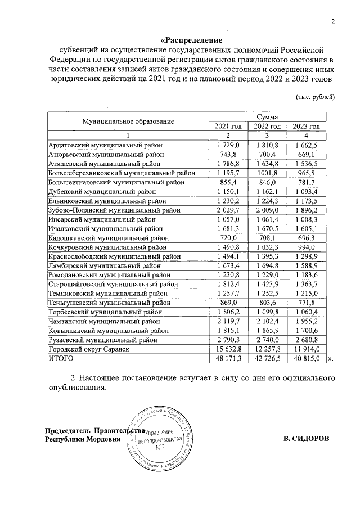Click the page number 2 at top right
coord(332,22)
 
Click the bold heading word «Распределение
coord(192,40)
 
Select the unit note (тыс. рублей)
coord(316,97)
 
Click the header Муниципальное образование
coord(128,121)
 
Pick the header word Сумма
coord(267,115)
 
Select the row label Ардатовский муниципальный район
coord(105,146)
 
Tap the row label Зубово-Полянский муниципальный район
coord(114,210)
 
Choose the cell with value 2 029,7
coord(228,210)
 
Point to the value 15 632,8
coord(228,349)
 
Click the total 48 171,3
coord(228,358)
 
